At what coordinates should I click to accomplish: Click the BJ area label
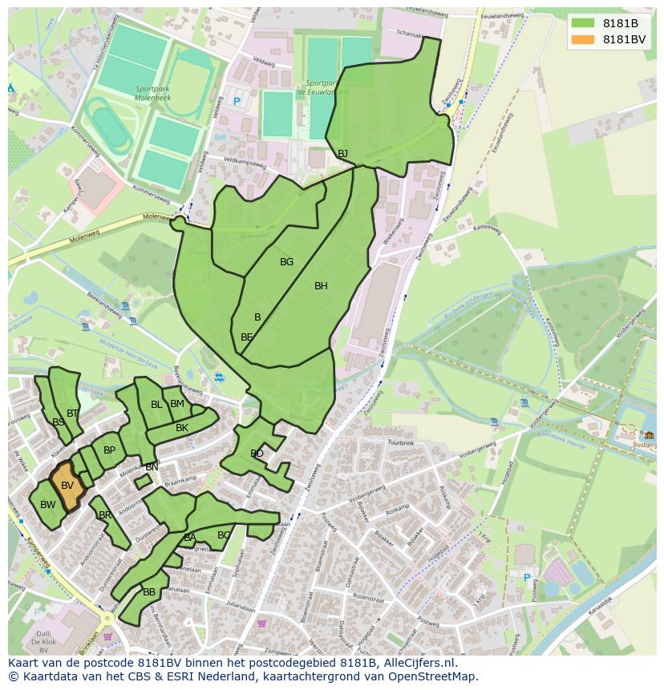point(342,153)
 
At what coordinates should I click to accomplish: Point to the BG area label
point(286,262)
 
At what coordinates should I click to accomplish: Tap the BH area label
point(321,286)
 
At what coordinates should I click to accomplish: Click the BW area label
point(48,505)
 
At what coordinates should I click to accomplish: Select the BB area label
point(149,592)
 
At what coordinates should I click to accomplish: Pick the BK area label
point(182,428)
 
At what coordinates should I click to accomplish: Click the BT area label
point(73,414)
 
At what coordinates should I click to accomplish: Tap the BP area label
point(110,450)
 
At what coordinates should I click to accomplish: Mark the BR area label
point(105,515)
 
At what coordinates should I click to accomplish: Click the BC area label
point(224,535)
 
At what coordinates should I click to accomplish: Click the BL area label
point(156,405)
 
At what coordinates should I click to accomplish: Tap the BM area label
point(177,404)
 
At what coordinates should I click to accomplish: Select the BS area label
point(59,422)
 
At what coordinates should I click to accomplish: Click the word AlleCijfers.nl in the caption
point(417,663)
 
